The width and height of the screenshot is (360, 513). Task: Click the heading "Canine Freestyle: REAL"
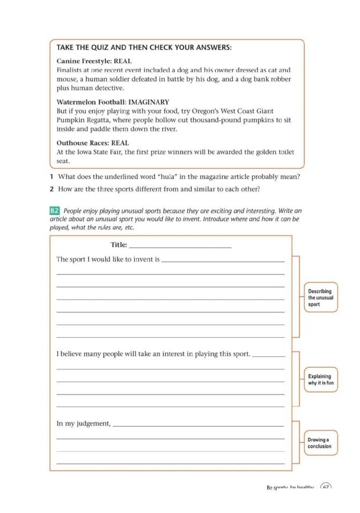[94, 61]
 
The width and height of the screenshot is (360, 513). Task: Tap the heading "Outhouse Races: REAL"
[92, 143]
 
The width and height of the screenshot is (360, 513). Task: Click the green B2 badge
[54, 211]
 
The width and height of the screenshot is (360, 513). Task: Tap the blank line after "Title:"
[180, 246]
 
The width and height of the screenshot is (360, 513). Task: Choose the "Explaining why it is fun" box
[321, 380]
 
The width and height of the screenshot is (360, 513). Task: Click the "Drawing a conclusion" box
[320, 443]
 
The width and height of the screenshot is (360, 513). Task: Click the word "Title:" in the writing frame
[119, 245]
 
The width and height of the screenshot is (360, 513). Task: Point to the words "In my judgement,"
[84, 423]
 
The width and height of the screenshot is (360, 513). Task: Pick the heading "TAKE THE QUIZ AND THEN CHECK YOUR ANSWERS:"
[144, 48]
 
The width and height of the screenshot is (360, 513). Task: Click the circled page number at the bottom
[326, 488]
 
